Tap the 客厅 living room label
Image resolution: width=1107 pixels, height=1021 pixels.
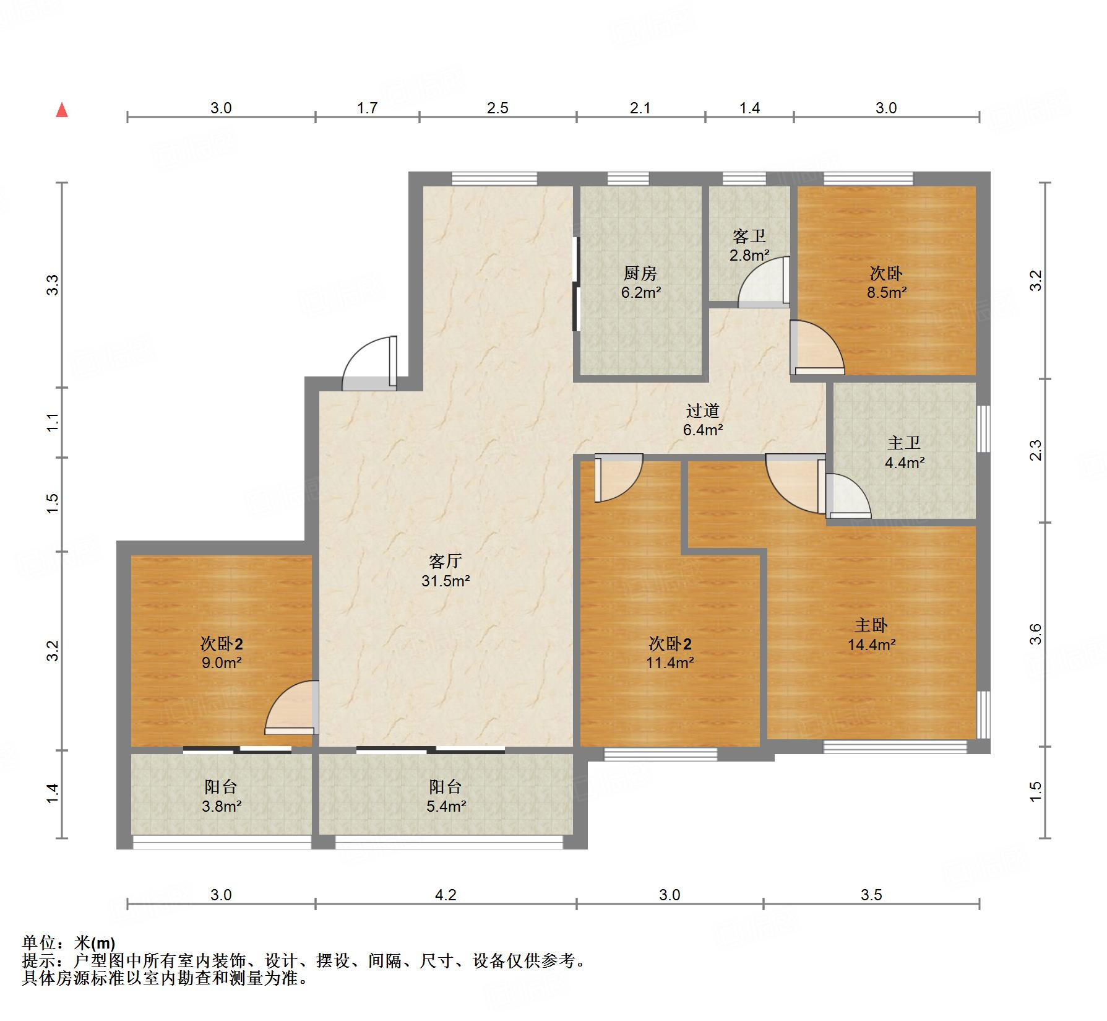pos(446,562)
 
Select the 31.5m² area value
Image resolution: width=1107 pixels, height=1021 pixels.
pos(446,581)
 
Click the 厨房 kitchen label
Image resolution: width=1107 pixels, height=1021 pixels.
pos(640,273)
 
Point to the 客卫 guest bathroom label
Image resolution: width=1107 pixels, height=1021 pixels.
pos(749,236)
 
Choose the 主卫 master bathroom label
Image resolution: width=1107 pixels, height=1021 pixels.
pos(904,443)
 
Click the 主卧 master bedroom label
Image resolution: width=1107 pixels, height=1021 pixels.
pos(871,625)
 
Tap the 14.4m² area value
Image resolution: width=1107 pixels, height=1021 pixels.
pos(871,645)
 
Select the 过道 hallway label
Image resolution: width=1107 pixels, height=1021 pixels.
pos(703,411)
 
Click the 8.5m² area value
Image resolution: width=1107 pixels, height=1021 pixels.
pos(887,293)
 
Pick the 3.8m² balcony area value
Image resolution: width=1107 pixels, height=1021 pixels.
pos(221,806)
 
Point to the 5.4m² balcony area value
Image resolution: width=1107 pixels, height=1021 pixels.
pos(446,806)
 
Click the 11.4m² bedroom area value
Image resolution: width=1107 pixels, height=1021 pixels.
pos(670,663)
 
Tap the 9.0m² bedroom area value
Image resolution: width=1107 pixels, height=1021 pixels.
pos(221,663)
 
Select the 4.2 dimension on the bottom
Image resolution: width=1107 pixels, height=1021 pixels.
pos(446,895)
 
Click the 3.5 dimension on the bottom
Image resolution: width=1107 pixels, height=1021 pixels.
pos(871,895)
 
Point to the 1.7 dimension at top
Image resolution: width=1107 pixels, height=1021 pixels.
pos(367,108)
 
